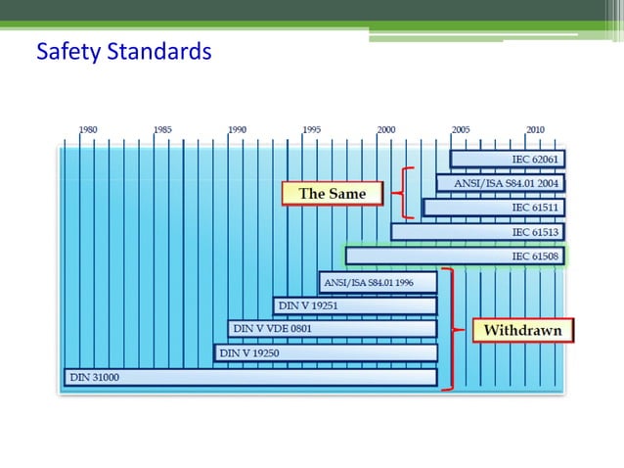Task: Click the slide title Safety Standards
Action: [x=123, y=50]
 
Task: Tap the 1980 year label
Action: [x=88, y=129]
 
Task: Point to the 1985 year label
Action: [x=162, y=129]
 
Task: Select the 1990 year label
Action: [x=237, y=129]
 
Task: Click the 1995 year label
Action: [x=311, y=129]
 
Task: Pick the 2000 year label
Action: [x=385, y=129]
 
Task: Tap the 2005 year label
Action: [x=460, y=129]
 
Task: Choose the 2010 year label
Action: [x=535, y=129]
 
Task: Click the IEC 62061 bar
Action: [x=507, y=159]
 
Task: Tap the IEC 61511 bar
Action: [x=494, y=208]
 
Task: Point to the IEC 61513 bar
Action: [x=477, y=232]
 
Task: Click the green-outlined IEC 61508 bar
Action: [x=455, y=257]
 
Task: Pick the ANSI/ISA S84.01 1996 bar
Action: [x=378, y=283]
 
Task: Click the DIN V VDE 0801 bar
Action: [x=332, y=329]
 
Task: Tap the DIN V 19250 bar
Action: [x=325, y=352]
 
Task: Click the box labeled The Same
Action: [x=332, y=194]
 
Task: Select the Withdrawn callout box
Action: [x=522, y=330]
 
